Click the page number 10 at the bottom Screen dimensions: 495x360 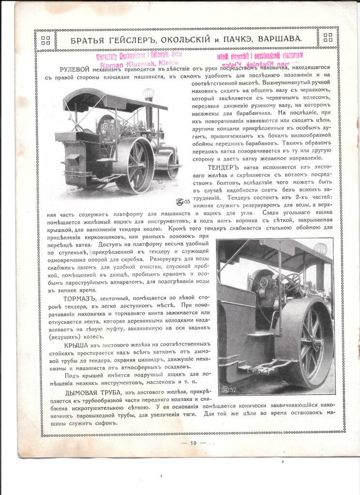193,442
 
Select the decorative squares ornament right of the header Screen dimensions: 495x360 328,38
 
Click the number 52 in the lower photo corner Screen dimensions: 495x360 232,390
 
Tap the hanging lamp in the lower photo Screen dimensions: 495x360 320,249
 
